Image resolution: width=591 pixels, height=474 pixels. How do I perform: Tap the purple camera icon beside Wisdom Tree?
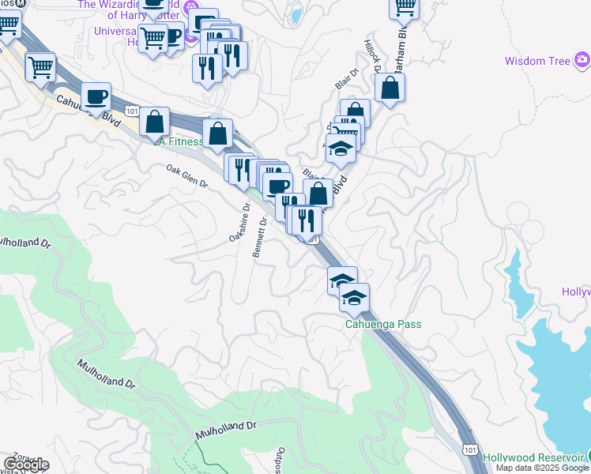pyautogui.click(x=582, y=59)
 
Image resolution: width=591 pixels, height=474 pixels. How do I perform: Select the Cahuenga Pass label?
pyautogui.click(x=383, y=324)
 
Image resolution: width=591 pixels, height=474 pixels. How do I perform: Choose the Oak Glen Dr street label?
pyautogui.click(x=186, y=176)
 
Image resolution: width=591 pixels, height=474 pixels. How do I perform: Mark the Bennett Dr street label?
pyautogui.click(x=260, y=238)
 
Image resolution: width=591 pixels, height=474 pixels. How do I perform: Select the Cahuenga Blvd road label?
pyautogui.click(x=83, y=109)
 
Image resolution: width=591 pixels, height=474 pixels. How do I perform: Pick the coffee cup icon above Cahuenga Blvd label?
pyautogui.click(x=96, y=96)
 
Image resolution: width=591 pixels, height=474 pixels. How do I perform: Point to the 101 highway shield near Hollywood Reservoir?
pyautogui.click(x=469, y=447)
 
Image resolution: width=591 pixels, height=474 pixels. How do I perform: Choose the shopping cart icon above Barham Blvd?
pyautogui.click(x=404, y=7)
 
